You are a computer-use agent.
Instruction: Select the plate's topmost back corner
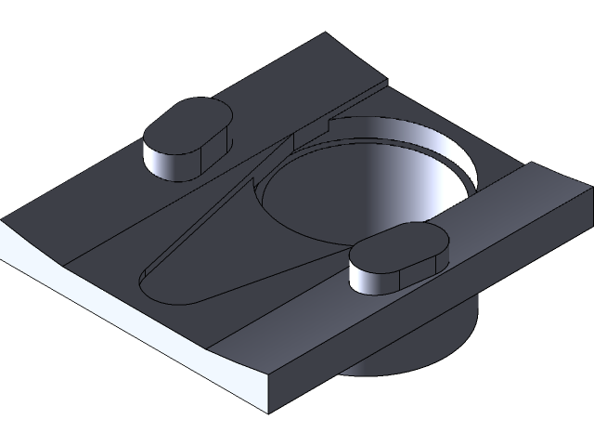point(326,34)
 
